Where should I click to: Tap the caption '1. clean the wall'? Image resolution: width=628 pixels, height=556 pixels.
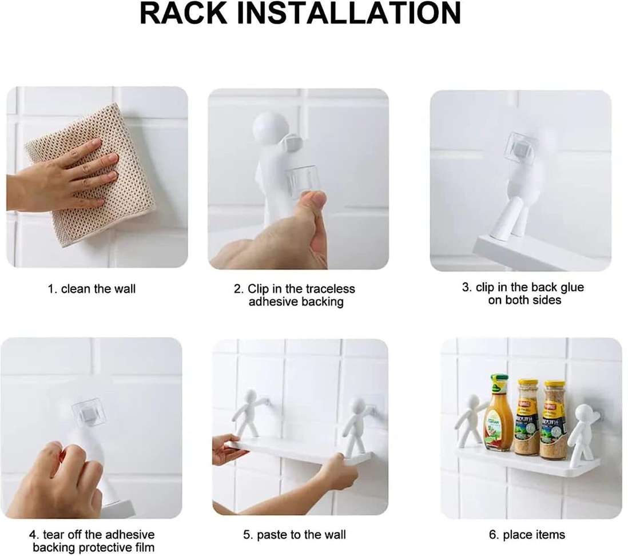pos(92,289)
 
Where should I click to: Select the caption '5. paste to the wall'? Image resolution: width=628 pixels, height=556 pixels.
pos(295,535)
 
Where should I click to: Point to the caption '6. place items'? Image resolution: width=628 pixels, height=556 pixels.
pos(527,535)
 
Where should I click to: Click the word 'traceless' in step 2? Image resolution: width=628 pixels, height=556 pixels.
pos(331,289)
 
